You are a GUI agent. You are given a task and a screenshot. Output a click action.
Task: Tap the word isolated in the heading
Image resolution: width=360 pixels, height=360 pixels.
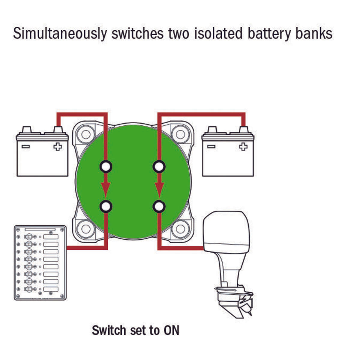pyautogui.click(x=218, y=33)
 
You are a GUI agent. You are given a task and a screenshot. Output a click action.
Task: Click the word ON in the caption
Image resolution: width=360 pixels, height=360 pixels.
pyautogui.click(x=171, y=330)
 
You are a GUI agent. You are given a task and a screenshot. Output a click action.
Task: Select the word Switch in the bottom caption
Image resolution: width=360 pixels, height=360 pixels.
pyautogui.click(x=109, y=330)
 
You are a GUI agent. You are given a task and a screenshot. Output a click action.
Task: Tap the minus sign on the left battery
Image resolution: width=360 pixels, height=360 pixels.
pyautogui.click(x=26, y=147)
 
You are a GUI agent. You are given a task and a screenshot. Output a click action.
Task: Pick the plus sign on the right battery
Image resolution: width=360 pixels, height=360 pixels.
pyautogui.click(x=243, y=147)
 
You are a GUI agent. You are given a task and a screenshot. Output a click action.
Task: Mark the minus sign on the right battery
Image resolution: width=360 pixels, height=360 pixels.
pyautogui.click(x=211, y=147)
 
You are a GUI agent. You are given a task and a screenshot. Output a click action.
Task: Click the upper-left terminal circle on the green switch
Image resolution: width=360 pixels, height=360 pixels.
pyautogui.click(x=106, y=166)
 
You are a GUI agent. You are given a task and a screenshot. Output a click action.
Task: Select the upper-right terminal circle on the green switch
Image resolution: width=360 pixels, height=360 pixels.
pyautogui.click(x=159, y=166)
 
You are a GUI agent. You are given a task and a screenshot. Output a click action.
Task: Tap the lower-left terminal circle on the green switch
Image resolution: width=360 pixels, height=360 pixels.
pyautogui.click(x=106, y=206)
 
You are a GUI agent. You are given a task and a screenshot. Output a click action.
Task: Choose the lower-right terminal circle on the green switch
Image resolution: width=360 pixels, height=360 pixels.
pyautogui.click(x=159, y=206)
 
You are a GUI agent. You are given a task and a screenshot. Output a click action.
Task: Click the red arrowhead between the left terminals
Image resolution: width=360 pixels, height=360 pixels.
pyautogui.click(x=105, y=189)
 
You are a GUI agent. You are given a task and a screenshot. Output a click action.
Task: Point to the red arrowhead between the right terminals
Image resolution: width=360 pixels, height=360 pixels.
pyautogui.click(x=159, y=189)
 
